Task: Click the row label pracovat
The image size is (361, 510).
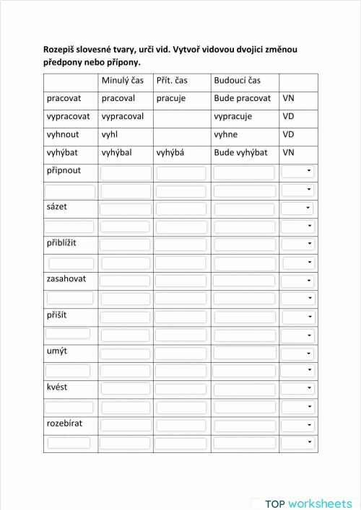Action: coord(63,98)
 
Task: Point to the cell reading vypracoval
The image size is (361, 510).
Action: coord(123,116)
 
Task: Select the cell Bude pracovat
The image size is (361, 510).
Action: coord(243,98)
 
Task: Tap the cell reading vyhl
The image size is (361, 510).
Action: coord(110,134)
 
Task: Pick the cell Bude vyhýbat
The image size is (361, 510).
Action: coord(240,152)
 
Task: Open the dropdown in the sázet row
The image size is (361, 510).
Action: coord(298,208)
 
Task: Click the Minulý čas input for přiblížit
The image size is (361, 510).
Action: coord(126,245)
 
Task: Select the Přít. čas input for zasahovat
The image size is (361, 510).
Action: coord(180,281)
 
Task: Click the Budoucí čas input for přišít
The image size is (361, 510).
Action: coord(245,317)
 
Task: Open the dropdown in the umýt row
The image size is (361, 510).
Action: coord(298,353)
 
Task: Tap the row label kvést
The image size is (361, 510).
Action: coord(57,387)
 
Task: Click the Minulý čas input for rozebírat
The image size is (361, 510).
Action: coord(126,425)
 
